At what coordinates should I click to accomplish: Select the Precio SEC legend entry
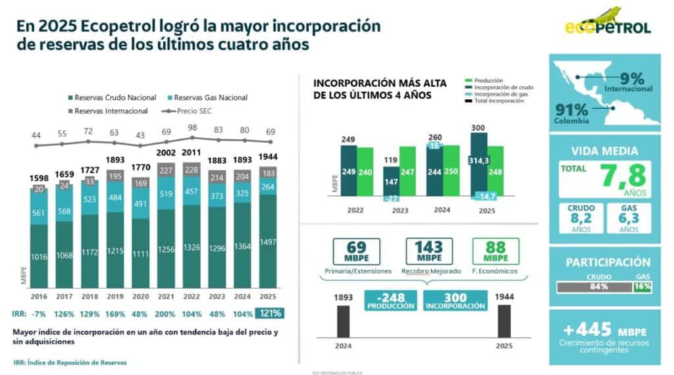(205, 111)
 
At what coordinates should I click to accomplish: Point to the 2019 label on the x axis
(116, 297)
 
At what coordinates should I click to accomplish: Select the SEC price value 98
(192, 128)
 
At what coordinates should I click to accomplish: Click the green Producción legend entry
(490, 80)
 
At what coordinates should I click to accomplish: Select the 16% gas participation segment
(642, 286)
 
